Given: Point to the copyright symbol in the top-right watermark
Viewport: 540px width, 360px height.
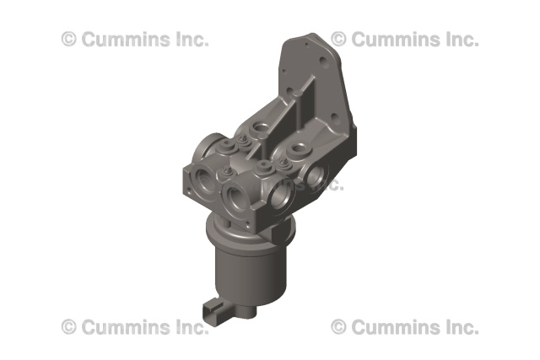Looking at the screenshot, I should pos(338,39).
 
